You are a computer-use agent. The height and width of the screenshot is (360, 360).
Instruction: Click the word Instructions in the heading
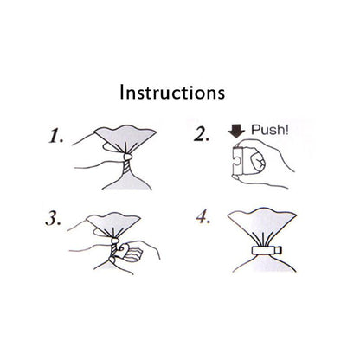tap(172, 93)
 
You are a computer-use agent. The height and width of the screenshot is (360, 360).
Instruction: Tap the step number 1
tap(56, 137)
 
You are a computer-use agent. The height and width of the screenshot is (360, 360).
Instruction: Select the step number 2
tap(202, 135)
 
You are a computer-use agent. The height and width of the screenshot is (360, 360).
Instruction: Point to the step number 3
tap(54, 219)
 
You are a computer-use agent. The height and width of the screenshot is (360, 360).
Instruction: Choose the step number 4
tap(203, 217)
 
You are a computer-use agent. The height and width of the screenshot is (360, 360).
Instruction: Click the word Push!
tap(269, 130)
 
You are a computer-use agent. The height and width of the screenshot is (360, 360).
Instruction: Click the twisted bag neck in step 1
tap(126, 167)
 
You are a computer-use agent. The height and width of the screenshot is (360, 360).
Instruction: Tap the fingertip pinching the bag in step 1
tap(128, 157)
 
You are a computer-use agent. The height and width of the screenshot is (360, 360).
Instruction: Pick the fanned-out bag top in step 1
tap(125, 138)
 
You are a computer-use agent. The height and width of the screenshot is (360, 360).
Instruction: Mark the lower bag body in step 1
tap(127, 182)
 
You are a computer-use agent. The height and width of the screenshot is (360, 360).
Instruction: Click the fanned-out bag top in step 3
tap(114, 223)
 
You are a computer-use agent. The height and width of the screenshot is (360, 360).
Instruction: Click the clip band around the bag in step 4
tap(264, 250)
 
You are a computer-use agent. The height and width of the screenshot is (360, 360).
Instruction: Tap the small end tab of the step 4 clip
tap(280, 250)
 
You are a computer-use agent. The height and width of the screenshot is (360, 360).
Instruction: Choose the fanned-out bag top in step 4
tap(262, 225)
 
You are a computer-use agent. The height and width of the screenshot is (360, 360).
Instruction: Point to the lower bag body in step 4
tap(264, 263)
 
